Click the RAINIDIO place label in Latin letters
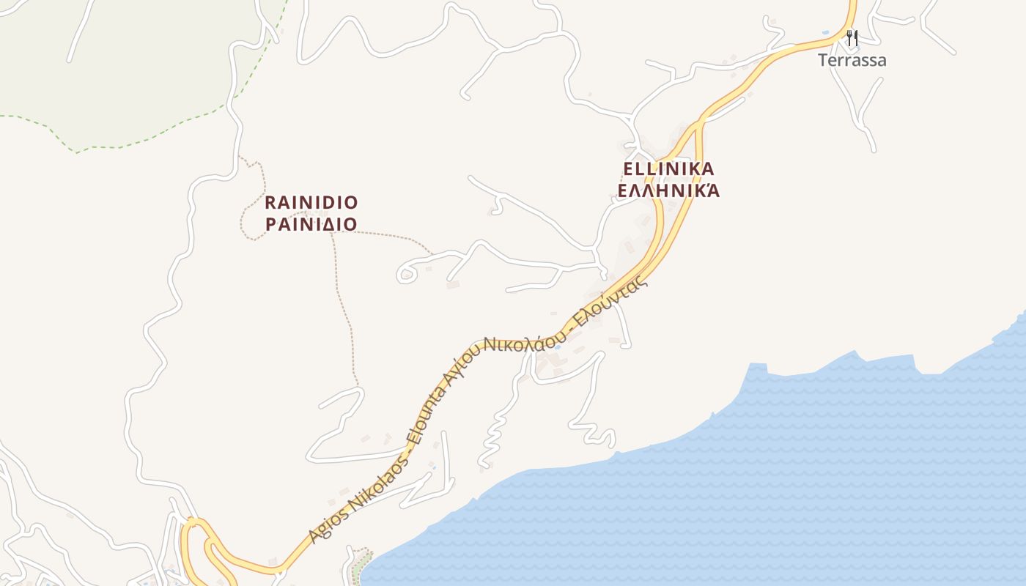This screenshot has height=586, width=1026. coord(311,202)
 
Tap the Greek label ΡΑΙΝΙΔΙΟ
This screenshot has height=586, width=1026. coord(311,224)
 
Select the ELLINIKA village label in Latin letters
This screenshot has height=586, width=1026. coord(668,169)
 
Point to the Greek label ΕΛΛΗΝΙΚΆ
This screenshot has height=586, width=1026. coord(668,191)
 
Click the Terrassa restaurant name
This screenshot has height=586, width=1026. coord(852,60)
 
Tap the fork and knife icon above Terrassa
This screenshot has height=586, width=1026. coord(852,37)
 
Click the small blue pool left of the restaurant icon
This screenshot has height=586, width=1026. coord(826,33)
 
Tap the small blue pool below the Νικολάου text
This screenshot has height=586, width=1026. coord(558,346)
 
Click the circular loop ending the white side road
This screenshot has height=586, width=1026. coord(406,275)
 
